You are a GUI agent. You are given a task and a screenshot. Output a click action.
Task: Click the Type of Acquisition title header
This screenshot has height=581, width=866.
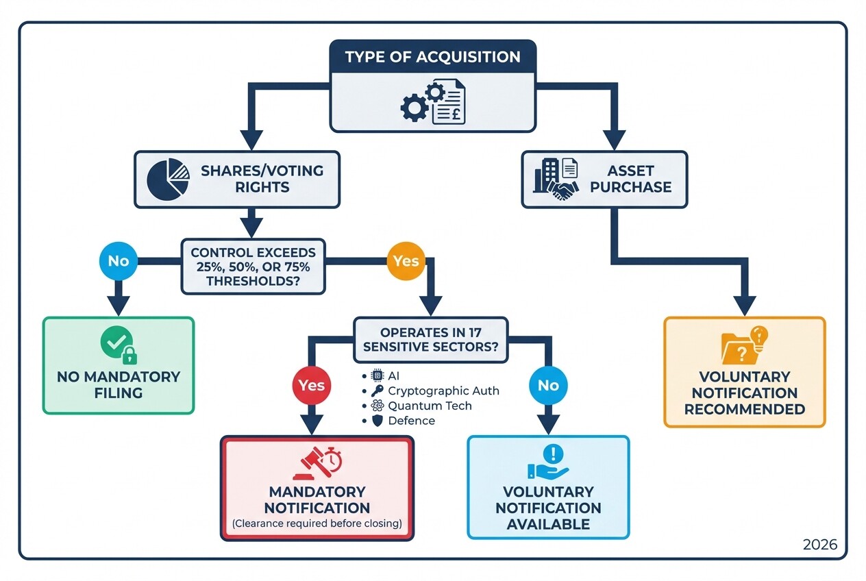click(432, 56)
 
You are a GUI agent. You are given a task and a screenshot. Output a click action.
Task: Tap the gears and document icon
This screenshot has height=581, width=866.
click(432, 103)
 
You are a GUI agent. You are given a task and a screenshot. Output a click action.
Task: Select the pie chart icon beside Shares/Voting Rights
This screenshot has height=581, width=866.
click(168, 179)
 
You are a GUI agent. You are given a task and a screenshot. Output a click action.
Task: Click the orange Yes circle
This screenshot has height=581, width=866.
click(406, 261)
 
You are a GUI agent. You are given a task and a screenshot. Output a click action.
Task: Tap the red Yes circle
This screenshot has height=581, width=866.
click(312, 385)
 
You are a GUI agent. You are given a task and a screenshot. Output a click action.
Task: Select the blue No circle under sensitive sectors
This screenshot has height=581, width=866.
click(548, 385)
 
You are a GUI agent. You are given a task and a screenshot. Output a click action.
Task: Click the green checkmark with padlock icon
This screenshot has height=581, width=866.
click(119, 345)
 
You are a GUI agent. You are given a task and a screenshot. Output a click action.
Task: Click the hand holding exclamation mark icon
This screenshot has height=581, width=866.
click(548, 462)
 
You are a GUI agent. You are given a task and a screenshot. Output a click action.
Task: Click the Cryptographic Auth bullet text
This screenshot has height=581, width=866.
click(443, 391)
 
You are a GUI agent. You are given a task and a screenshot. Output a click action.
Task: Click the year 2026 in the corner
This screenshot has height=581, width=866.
click(819, 545)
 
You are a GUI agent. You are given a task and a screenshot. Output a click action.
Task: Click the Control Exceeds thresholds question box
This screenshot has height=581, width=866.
click(253, 267)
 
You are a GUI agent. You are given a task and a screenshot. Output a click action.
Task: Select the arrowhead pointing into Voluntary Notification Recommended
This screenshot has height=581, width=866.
click(745, 306)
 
